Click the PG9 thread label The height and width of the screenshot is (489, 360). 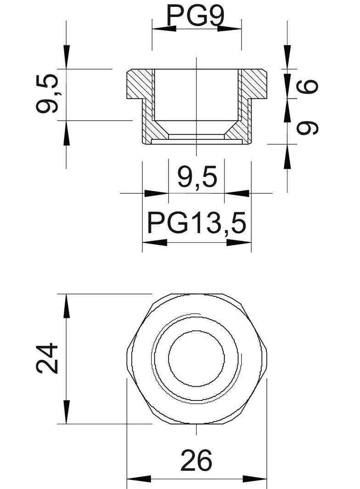point(196,16)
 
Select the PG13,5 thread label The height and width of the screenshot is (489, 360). point(197,223)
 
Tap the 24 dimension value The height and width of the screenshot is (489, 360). point(48,358)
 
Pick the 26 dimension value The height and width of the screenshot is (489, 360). point(197,461)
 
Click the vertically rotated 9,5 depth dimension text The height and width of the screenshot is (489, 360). point(48,94)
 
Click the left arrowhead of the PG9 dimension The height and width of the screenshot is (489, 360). point(163,28)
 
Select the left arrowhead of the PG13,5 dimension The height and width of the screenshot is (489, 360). point(154,242)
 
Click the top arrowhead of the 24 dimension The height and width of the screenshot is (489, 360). point(67,305)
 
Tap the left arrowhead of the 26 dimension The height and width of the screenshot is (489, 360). point(138,479)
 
